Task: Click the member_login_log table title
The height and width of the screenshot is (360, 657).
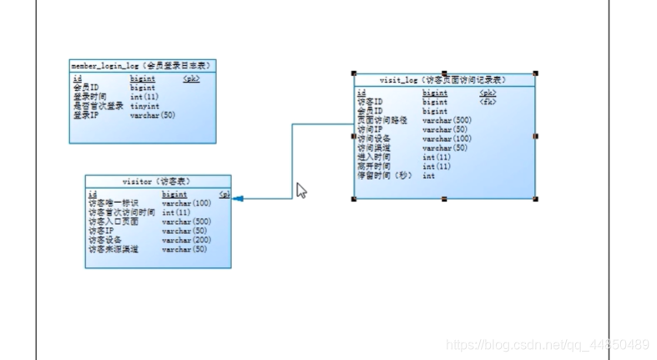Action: pyautogui.click(x=142, y=65)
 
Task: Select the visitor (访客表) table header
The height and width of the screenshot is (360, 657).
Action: pyautogui.click(x=158, y=181)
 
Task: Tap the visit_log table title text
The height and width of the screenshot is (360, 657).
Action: pyautogui.click(x=443, y=80)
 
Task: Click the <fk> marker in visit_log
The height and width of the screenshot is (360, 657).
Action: pyautogui.click(x=488, y=103)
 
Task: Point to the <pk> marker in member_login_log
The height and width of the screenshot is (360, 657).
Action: pyautogui.click(x=191, y=79)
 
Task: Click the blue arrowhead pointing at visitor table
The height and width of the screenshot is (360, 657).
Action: pyautogui.click(x=238, y=199)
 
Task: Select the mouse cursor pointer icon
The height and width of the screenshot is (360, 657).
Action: pyautogui.click(x=301, y=190)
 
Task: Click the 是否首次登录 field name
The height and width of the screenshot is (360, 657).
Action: pyautogui.click(x=99, y=106)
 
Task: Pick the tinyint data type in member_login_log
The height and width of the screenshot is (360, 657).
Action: pyautogui.click(x=144, y=106)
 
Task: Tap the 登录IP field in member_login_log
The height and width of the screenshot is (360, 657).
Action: pyautogui.click(x=86, y=115)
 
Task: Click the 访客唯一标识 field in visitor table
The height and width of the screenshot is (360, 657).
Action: pyautogui.click(x=114, y=203)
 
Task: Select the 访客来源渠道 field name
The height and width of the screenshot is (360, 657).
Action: pyautogui.click(x=114, y=249)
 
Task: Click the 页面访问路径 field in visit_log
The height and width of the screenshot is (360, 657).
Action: pyautogui.click(x=382, y=120)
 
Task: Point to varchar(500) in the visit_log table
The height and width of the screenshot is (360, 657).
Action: pyautogui.click(x=447, y=120)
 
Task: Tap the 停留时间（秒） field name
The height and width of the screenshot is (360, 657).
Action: pyautogui.click(x=384, y=176)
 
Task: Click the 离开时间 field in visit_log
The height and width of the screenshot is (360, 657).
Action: pyautogui.click(x=373, y=167)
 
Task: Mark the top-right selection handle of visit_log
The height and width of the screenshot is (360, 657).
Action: pyautogui.click(x=535, y=74)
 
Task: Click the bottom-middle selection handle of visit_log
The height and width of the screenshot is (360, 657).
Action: pyautogui.click(x=444, y=200)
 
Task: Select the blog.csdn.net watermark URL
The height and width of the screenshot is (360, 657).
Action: pyautogui.click(x=547, y=345)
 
